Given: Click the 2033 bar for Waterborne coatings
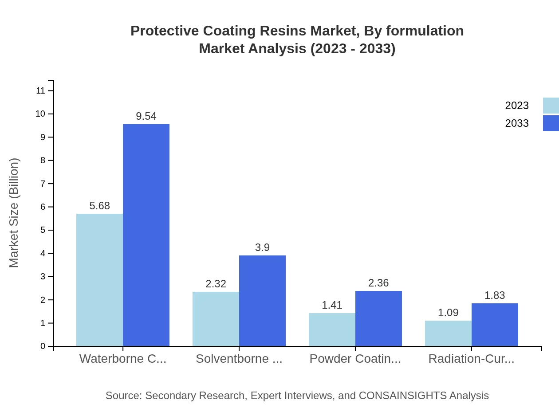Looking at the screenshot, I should [146, 235].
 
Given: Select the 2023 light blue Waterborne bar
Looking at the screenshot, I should [99, 280].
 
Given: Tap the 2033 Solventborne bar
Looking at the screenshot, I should [262, 301].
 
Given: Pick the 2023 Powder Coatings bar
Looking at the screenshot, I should [332, 330].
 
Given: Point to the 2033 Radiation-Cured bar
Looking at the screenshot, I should [495, 325].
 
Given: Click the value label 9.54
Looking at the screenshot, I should [146, 116].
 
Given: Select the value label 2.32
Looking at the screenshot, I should [216, 284].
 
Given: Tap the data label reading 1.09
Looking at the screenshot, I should [448, 313].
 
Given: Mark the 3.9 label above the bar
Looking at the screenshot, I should [262, 247].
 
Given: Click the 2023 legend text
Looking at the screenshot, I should [517, 106].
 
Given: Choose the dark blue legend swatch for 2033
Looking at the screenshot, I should [551, 123].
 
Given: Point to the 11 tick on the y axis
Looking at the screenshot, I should [40, 91].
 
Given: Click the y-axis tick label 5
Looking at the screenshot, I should [43, 230].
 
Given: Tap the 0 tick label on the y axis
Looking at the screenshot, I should [43, 346].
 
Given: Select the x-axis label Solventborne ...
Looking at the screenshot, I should [239, 359].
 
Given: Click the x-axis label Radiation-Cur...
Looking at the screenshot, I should [471, 359].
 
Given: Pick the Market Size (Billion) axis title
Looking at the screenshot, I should [14, 213].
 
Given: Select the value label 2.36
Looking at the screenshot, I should [378, 283].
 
